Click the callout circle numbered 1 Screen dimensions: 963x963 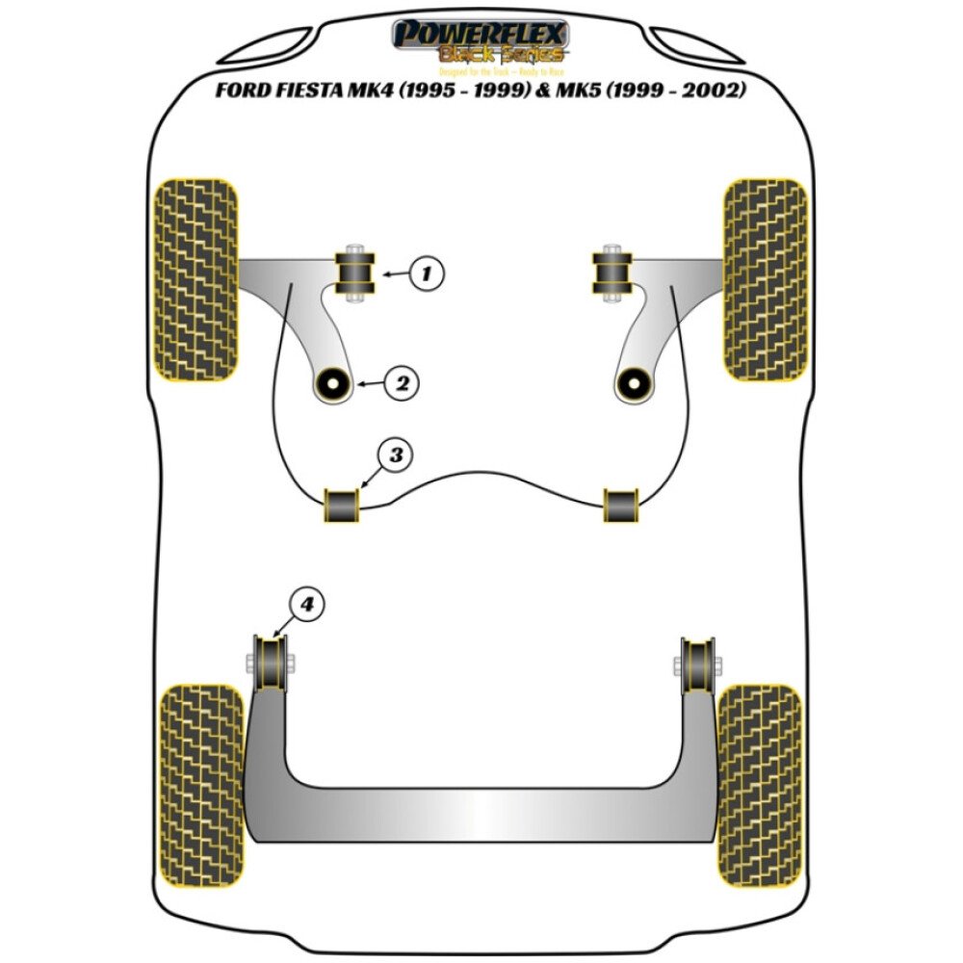click(427, 274)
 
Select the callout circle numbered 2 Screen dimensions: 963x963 click(401, 383)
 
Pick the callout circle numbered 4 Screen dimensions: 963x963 click(306, 604)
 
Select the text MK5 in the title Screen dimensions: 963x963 click(589, 91)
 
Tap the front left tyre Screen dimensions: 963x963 click(196, 279)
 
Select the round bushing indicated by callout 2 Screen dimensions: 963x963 click(333, 385)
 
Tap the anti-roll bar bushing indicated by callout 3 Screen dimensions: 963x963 click(343, 507)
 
